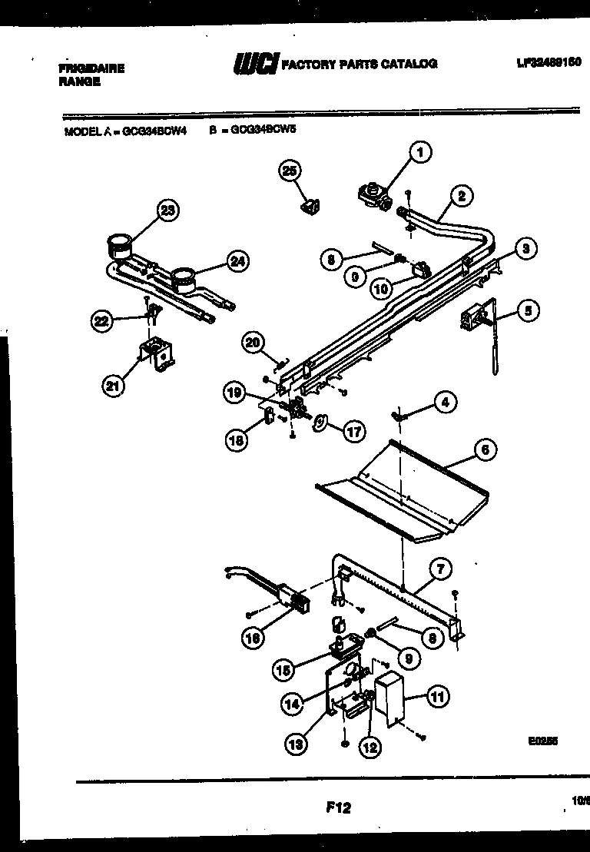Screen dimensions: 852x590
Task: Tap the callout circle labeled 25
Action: click(x=290, y=172)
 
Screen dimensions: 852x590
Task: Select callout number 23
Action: click(x=168, y=210)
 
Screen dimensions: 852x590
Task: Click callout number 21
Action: click(x=114, y=386)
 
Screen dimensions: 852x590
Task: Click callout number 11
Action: click(x=438, y=698)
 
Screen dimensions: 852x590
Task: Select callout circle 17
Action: click(x=353, y=432)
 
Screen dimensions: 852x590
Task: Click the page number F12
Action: click(x=336, y=807)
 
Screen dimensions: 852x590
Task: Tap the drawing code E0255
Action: click(x=542, y=743)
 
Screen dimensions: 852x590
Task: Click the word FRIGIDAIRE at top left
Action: click(x=91, y=68)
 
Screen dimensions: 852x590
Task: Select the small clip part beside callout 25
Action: click(x=310, y=207)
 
